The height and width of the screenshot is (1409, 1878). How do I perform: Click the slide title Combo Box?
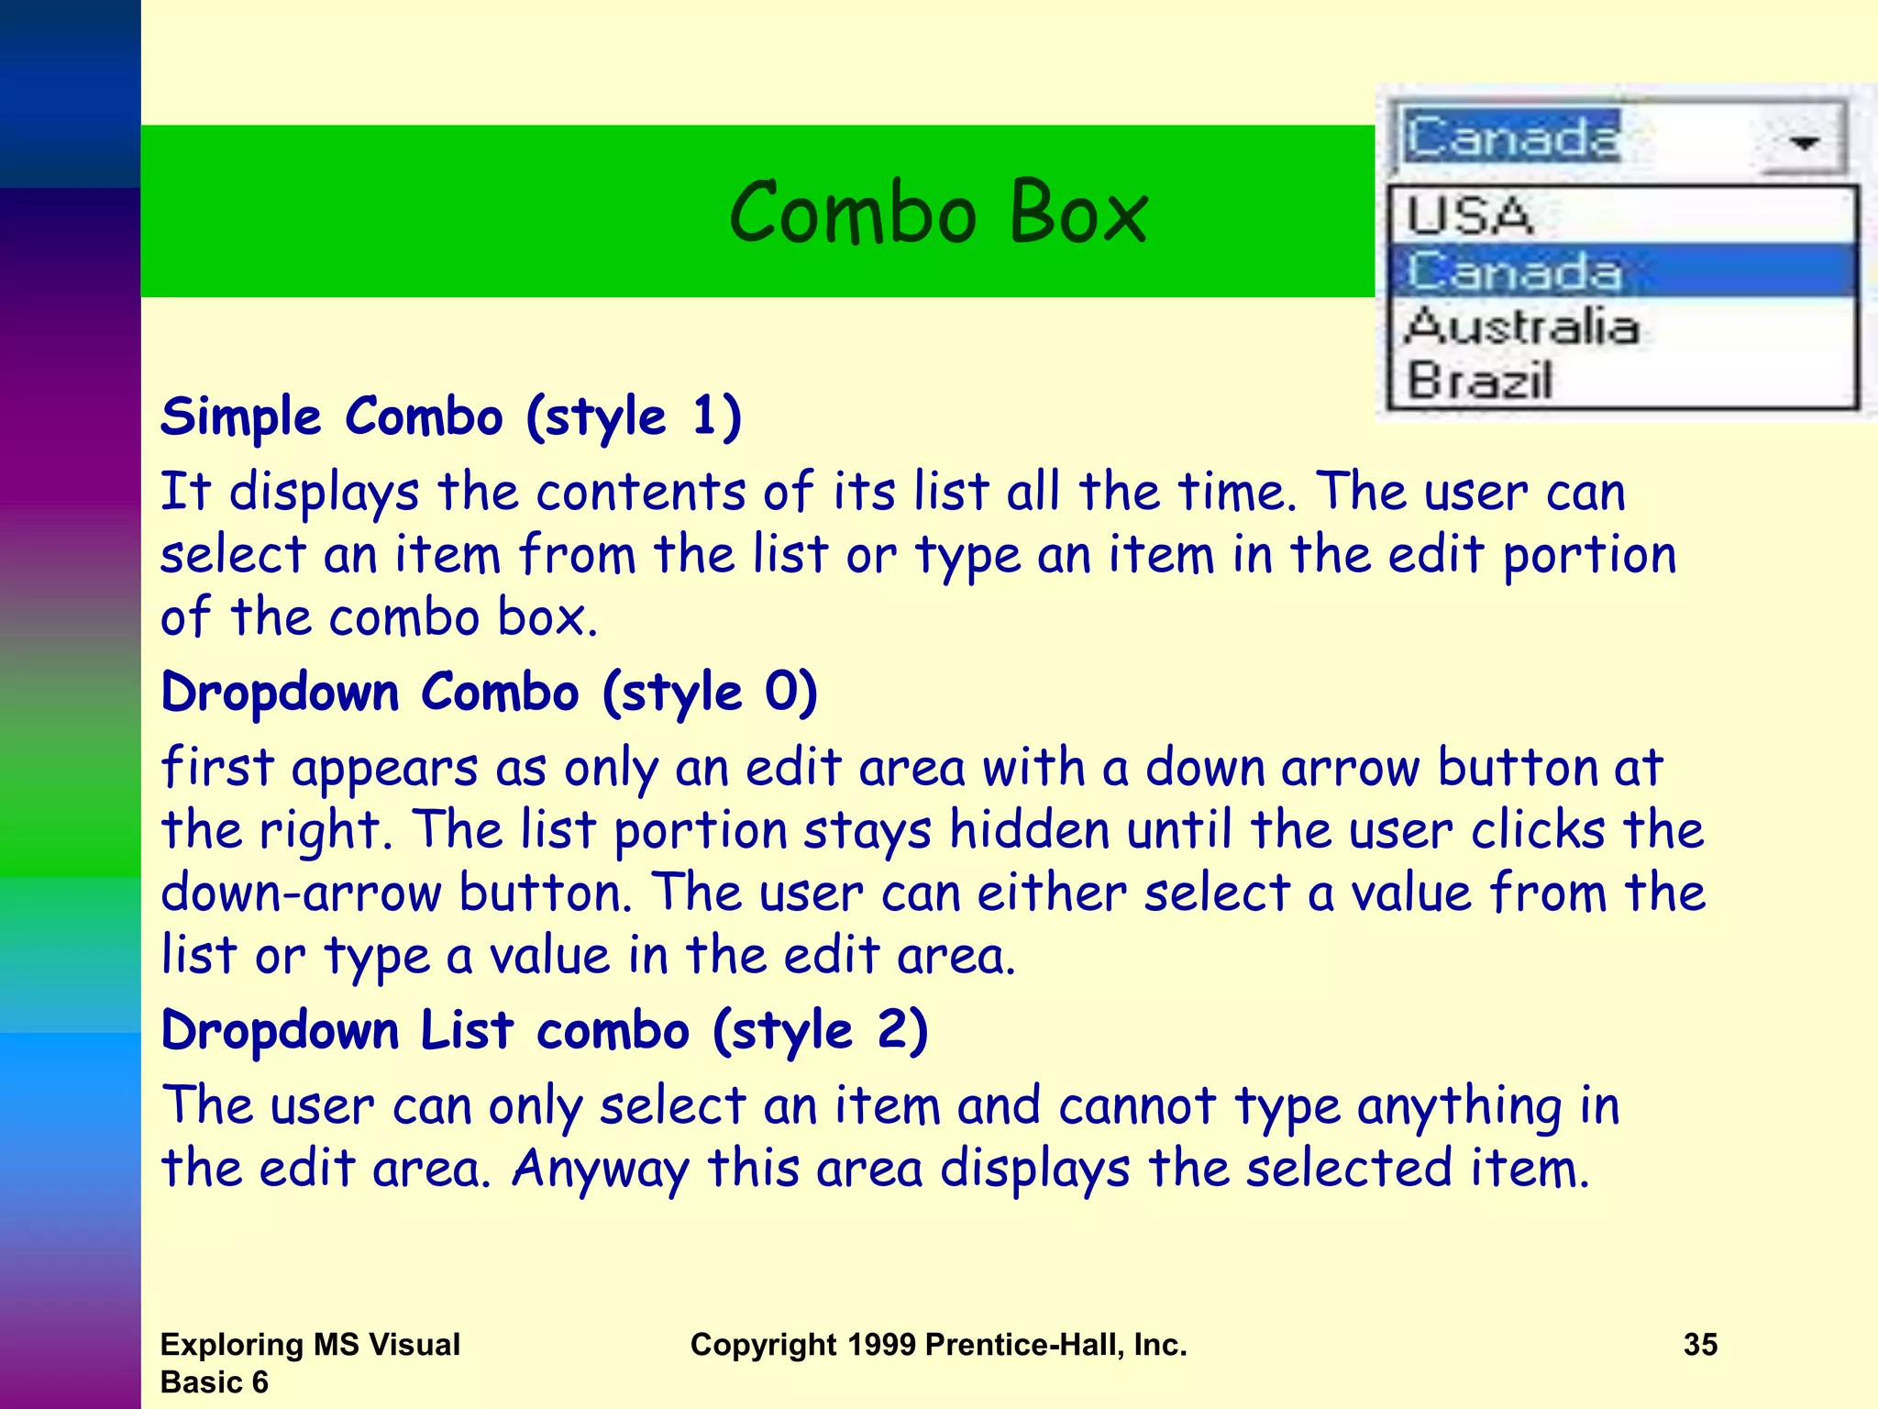tap(938, 213)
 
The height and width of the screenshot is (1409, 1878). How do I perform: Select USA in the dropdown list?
tap(1470, 216)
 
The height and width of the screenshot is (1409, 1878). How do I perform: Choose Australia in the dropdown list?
tap(1522, 327)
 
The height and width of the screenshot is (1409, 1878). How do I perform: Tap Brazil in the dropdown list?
tap(1479, 380)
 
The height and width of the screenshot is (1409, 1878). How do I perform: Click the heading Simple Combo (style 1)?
tap(451, 417)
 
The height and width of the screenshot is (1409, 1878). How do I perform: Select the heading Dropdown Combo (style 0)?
tap(489, 693)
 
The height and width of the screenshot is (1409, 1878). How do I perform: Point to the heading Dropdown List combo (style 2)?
tap(545, 1031)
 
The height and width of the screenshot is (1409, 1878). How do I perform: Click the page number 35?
tap(1700, 1345)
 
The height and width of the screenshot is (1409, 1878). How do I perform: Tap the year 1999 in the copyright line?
tap(880, 1345)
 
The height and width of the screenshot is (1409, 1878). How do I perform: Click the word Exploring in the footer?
tap(232, 1345)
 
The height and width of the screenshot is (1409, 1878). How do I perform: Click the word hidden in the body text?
tap(1029, 831)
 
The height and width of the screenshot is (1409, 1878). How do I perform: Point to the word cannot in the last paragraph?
tap(1137, 1106)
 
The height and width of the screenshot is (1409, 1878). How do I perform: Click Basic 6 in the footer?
tap(214, 1382)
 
